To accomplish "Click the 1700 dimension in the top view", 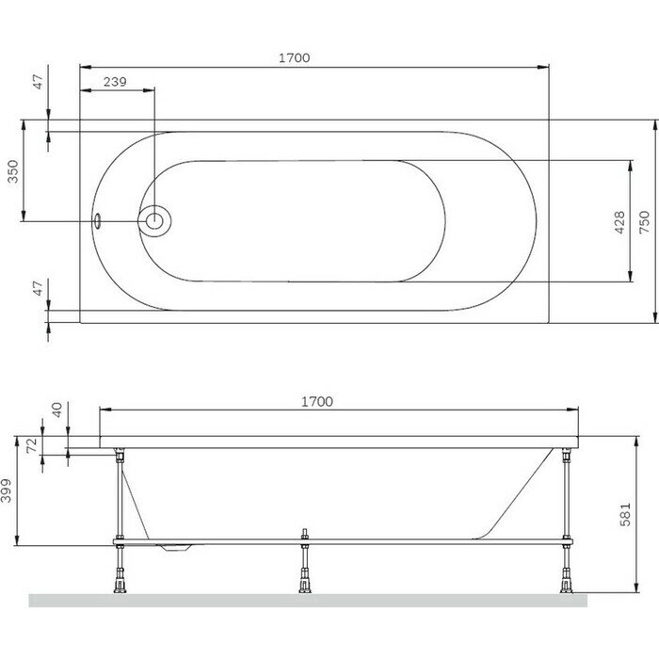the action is (294, 57).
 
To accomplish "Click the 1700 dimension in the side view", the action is (317, 402).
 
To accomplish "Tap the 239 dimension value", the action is (115, 82).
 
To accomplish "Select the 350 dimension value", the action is (13, 171).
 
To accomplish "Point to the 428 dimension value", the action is (619, 222).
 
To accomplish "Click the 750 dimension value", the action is (644, 222).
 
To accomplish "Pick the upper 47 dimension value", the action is (39, 82).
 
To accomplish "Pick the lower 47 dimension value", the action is (39, 288).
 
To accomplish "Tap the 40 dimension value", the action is (56, 410).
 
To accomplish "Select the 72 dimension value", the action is (32, 445).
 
